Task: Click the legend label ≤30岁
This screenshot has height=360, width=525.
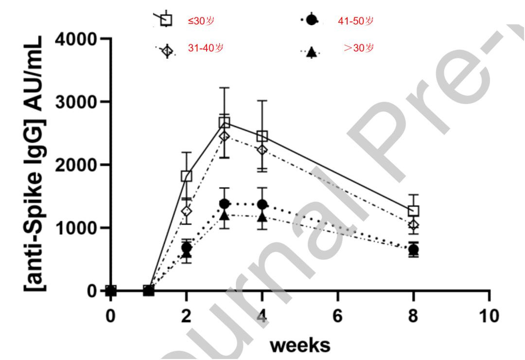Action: coord(201,21)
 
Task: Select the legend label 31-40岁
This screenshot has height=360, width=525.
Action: coord(206,49)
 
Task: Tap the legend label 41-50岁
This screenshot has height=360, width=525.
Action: coord(356,21)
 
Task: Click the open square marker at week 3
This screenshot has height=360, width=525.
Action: coord(224,122)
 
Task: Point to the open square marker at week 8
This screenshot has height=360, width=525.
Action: coord(414,211)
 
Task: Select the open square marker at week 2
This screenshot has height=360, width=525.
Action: coord(186,176)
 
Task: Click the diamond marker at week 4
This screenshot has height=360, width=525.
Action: coord(262,150)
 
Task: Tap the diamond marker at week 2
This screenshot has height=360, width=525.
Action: coord(186,211)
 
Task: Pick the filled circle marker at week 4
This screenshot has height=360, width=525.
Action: coord(262,205)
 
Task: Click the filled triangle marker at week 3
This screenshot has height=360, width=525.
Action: coord(224,214)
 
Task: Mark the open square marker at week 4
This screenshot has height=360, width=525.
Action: coord(262,137)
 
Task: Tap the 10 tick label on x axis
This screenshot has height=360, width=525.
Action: coord(488,316)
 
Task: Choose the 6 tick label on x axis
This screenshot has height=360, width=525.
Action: coord(337,316)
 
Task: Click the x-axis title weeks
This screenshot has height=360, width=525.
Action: coord(300,345)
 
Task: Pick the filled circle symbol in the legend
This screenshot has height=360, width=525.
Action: coord(312,20)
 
